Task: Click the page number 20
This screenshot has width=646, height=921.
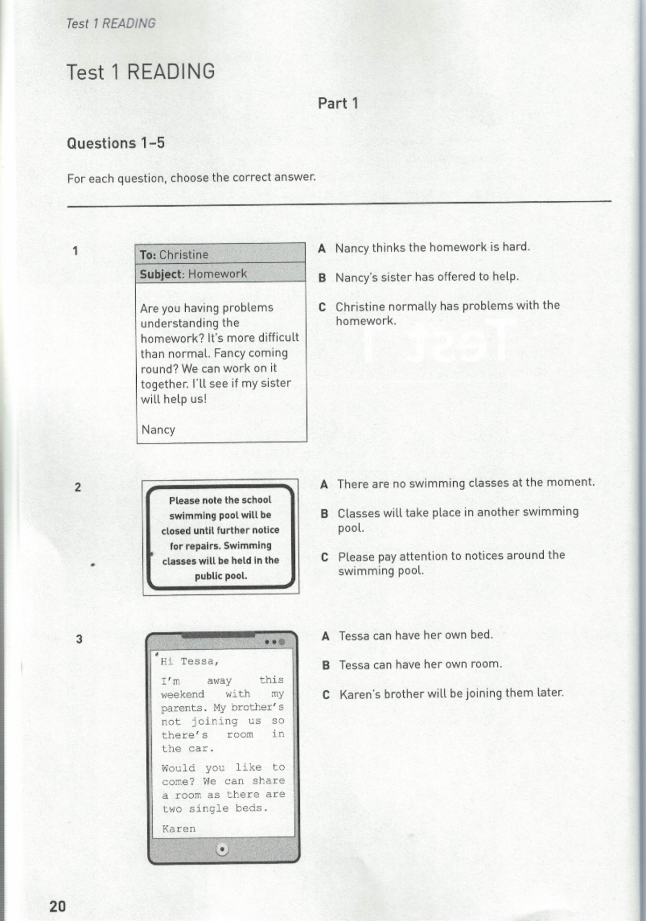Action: pos(58,906)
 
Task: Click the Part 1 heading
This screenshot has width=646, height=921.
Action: pos(338,103)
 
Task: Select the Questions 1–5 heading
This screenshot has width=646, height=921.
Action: pos(116,143)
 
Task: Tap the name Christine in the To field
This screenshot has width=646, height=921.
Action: pos(184,255)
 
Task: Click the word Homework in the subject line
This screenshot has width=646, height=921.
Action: pos(217,274)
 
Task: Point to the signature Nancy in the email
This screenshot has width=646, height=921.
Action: pos(158,430)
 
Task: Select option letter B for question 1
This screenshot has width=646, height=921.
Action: pos(322,278)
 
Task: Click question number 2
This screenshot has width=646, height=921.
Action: pos(78,487)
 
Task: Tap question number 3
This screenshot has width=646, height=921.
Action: pos(79,639)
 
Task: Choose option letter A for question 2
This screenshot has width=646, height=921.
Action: pos(324,484)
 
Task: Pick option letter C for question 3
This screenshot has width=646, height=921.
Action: pos(326,695)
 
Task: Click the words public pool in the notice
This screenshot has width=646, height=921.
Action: pos(221,576)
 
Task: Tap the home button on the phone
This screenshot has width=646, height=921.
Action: pos(222,849)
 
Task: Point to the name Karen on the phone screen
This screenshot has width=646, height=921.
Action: pos(179,828)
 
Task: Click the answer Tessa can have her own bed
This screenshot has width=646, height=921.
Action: pos(416,636)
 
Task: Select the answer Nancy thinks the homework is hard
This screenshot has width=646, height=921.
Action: pos(432,248)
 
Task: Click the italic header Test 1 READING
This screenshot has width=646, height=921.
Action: pos(110,24)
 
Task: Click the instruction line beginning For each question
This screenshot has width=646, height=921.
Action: pos(191,178)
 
